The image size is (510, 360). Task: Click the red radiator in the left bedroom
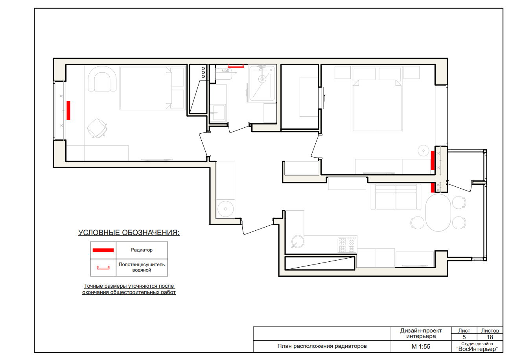[x=68, y=110]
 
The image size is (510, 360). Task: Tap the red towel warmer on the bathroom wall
[x=236, y=66]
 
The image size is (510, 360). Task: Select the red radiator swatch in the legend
[x=103, y=250]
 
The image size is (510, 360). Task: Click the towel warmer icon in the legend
[x=103, y=268]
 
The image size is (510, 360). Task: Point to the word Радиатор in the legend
[x=142, y=250]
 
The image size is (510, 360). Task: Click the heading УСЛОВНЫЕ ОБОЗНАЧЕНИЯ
[x=129, y=233]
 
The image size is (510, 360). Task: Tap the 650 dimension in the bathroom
[x=226, y=70]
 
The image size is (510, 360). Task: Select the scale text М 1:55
[x=421, y=347]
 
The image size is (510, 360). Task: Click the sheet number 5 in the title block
[x=464, y=337]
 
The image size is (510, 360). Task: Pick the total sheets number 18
[x=490, y=337]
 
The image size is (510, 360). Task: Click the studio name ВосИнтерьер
[x=477, y=349]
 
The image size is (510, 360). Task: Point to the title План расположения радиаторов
[x=322, y=346]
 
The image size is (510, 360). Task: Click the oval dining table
[x=438, y=213]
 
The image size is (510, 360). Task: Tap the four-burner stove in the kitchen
[x=347, y=244]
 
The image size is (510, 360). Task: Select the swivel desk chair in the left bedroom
[x=98, y=129]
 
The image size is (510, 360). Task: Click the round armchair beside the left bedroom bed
[x=102, y=79]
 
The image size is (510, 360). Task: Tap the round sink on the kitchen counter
[x=297, y=242]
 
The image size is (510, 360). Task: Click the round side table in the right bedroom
[x=423, y=151]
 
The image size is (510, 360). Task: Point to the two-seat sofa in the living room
[x=396, y=197]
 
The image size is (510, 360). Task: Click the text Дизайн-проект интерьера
[x=421, y=333]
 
